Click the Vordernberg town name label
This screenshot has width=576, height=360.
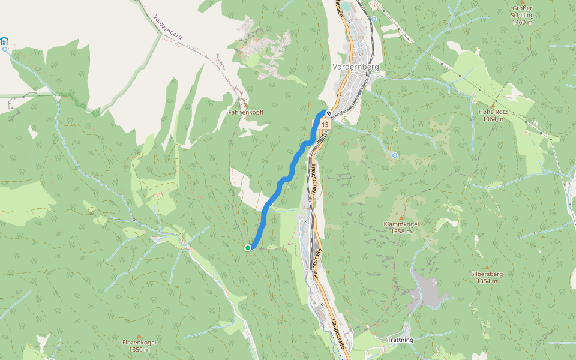[x=356, y=67]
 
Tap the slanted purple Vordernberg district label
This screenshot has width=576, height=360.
[x=168, y=27]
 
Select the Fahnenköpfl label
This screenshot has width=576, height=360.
[x=245, y=112]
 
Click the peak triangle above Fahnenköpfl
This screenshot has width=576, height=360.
[x=245, y=105]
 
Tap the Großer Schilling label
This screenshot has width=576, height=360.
[x=522, y=16]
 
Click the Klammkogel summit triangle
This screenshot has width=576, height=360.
[x=401, y=217]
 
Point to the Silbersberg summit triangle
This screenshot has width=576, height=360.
[x=487, y=267]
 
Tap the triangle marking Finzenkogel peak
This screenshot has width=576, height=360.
[x=139, y=335]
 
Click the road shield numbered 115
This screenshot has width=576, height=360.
[x=323, y=124]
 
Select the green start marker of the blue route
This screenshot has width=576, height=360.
[x=248, y=247]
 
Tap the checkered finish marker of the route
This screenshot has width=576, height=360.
[x=329, y=113]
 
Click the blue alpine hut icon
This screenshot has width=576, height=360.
[x=5, y=41]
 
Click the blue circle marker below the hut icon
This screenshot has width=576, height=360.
[x=5, y=50]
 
